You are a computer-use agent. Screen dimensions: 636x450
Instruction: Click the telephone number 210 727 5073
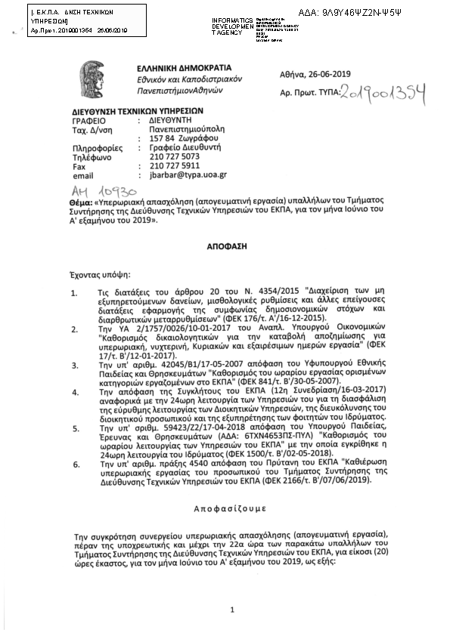pos(175,156)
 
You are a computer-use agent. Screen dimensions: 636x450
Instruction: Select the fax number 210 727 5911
pos(175,165)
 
